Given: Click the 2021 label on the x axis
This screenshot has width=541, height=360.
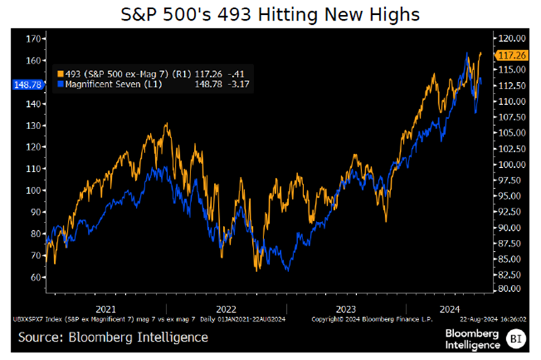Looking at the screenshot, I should pos(106,309).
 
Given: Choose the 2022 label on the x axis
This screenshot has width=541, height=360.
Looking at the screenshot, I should pos(226,309).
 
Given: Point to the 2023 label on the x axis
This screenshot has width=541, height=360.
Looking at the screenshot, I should pos(346,309).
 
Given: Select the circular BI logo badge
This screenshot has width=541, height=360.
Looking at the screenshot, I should pos(517,339).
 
